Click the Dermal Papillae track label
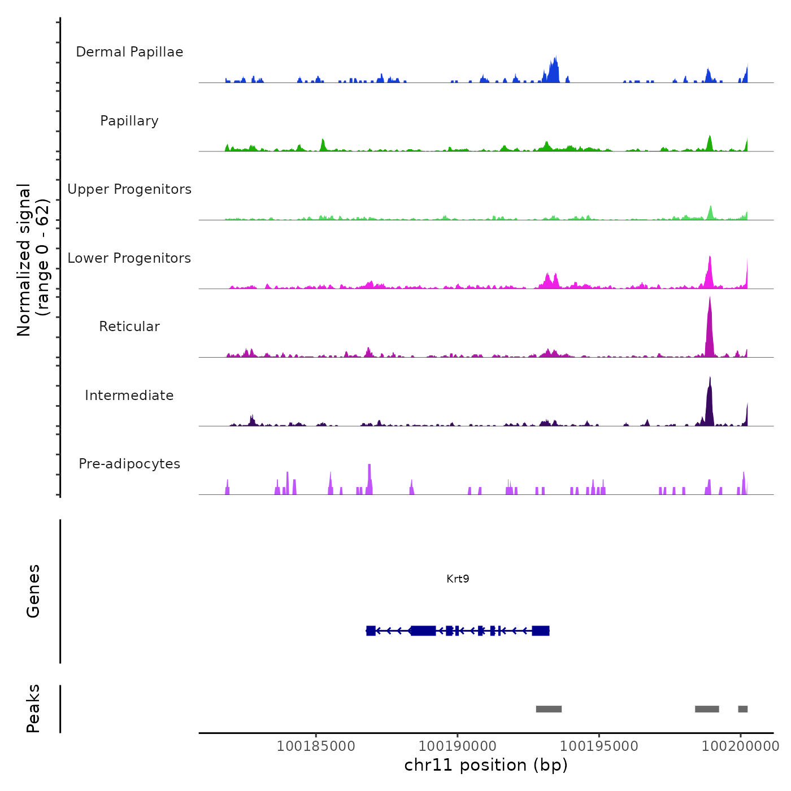[129, 52]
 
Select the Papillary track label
[129, 121]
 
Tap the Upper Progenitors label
[129, 189]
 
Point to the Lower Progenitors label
[129, 258]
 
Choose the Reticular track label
[129, 327]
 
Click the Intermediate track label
[129, 395]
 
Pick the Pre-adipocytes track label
[129, 464]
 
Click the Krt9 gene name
[458, 579]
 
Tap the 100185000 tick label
[316, 746]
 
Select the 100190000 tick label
[458, 746]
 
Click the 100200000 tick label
[740, 746]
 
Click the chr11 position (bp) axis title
[486, 765]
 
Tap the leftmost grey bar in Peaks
[549, 709]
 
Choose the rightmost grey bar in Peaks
[743, 709]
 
